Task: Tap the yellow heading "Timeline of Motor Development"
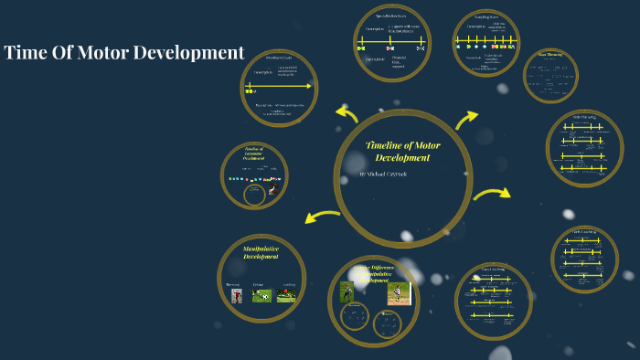pyautogui.click(x=402, y=151)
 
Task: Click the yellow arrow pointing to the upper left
pyautogui.click(x=347, y=114)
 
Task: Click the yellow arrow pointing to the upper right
pyautogui.click(x=466, y=119)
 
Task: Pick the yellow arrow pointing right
pyautogui.click(x=492, y=193)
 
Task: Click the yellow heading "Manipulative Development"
pyautogui.click(x=261, y=252)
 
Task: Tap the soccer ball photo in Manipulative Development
pyautogui.click(x=261, y=296)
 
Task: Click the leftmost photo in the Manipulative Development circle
pyautogui.click(x=236, y=296)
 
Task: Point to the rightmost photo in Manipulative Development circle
pyautogui.click(x=287, y=296)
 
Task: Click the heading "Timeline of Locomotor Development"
pyautogui.click(x=254, y=154)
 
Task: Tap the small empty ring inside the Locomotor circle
pyautogui.click(x=255, y=194)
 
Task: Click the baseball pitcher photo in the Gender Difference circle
pyautogui.click(x=398, y=292)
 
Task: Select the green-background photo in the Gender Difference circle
pyautogui.click(x=347, y=291)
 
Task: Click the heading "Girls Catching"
pyautogui.click(x=584, y=232)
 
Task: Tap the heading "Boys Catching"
pyautogui.click(x=493, y=270)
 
